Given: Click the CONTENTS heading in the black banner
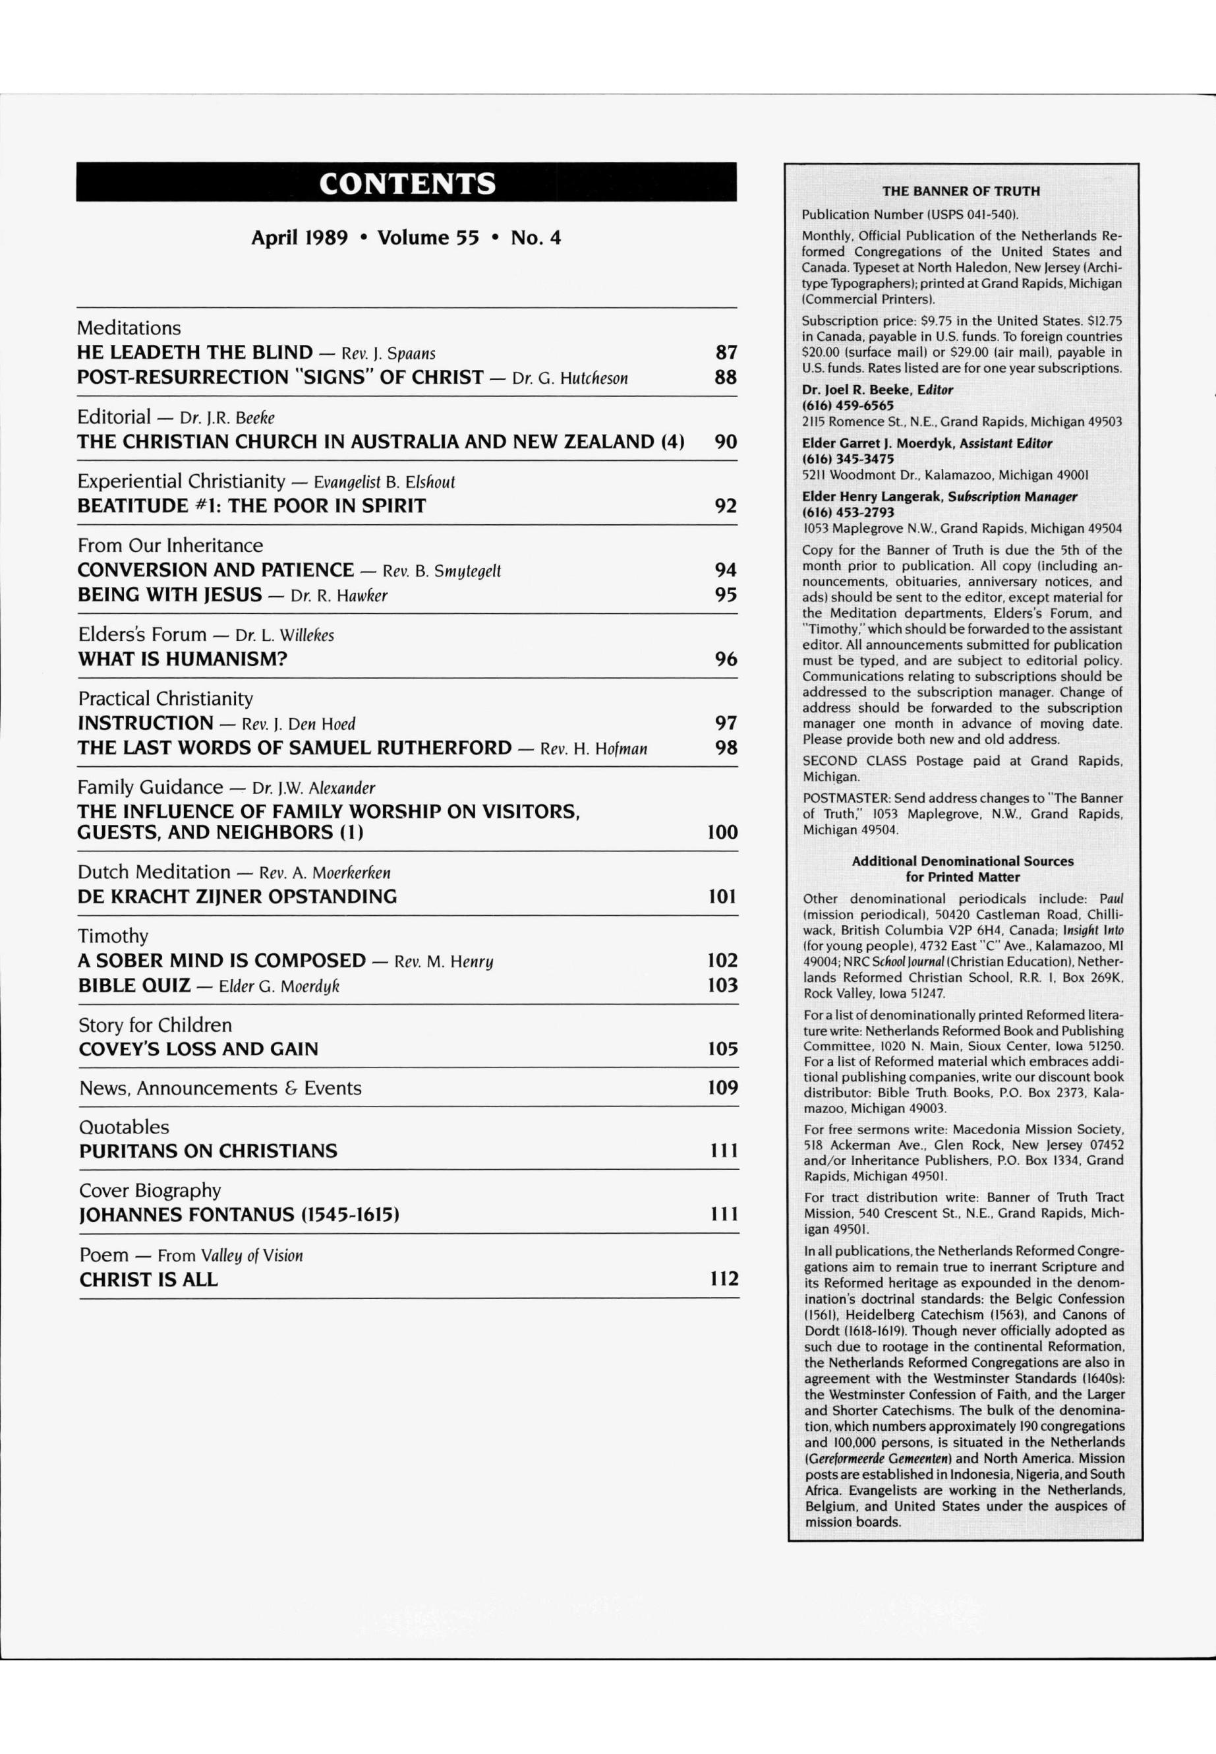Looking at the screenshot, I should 407,184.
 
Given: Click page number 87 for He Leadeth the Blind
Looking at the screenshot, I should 726,352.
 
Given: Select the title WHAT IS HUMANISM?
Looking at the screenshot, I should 183,659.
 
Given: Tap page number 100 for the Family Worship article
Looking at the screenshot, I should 722,832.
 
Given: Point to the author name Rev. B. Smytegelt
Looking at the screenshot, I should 441,571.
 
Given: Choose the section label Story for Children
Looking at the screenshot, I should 156,1025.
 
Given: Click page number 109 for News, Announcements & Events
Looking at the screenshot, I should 722,1088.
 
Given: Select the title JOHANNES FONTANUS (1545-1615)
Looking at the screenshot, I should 239,1215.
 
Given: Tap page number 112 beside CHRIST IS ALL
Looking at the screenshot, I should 724,1279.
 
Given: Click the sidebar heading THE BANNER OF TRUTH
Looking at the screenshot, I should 961,191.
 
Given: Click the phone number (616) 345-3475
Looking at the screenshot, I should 848,459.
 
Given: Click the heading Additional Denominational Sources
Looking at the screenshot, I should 962,861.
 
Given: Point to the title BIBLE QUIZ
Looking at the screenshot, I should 134,986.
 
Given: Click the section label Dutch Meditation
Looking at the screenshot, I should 154,872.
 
